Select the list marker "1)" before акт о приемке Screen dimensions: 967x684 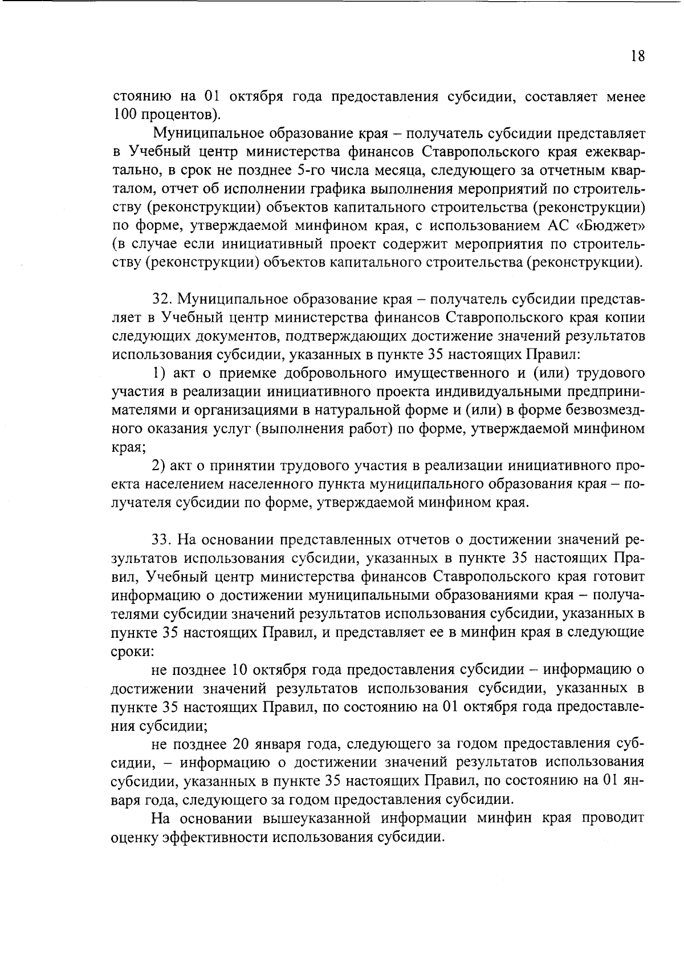point(158,373)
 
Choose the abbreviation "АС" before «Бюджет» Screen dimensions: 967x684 point(559,226)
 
